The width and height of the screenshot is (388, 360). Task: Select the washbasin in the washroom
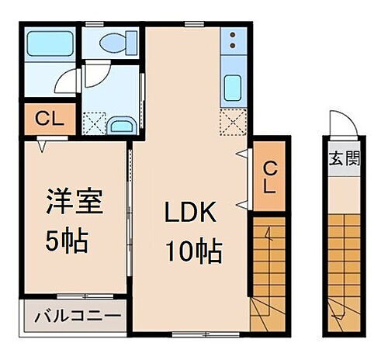pyautogui.click(x=120, y=126)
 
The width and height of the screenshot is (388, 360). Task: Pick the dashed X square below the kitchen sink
pyautogui.click(x=231, y=122)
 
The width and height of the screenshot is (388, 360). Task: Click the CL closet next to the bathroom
pyautogui.click(x=48, y=120)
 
